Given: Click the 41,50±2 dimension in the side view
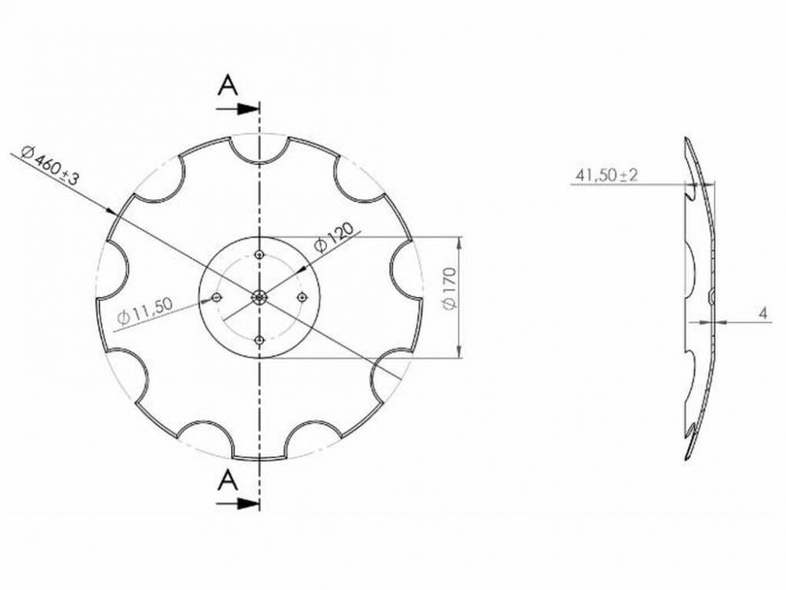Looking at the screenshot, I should [606, 175].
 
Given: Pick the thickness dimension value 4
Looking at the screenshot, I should [763, 313].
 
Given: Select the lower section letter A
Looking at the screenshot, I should [228, 479].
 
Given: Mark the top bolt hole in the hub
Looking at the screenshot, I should [259, 254].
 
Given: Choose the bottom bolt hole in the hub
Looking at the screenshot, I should [259, 339].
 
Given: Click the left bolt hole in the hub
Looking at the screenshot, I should [217, 297].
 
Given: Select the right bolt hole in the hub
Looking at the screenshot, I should [303, 297].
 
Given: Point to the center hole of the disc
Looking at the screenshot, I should [259, 297].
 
